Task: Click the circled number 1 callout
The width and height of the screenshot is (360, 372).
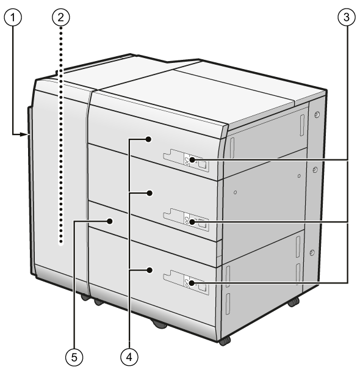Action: (x=13, y=18)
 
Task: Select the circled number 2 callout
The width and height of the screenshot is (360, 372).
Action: (x=61, y=17)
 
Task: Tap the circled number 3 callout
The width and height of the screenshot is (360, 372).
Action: (x=347, y=17)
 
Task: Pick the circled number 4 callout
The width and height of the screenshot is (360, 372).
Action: (x=129, y=357)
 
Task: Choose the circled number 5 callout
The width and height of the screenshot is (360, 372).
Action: (x=74, y=357)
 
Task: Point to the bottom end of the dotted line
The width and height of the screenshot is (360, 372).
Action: (x=61, y=243)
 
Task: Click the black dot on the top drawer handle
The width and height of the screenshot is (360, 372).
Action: (x=192, y=159)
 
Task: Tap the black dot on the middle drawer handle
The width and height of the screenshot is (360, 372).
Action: (x=192, y=222)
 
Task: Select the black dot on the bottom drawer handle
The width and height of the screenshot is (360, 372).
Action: (x=192, y=283)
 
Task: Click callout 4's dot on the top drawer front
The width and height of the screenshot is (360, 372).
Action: (x=149, y=139)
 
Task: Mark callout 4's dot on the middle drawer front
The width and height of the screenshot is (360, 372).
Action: (x=149, y=194)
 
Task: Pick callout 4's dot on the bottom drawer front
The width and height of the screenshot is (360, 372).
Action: (x=149, y=270)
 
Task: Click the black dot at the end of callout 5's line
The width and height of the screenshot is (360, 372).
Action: (x=110, y=221)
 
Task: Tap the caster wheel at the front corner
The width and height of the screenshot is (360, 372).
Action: (x=225, y=341)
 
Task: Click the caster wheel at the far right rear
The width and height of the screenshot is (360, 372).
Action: (x=293, y=302)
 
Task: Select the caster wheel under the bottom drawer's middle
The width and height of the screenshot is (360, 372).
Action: (x=159, y=324)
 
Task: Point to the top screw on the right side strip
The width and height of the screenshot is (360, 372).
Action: (x=317, y=115)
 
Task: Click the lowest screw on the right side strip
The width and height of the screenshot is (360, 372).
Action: (x=312, y=252)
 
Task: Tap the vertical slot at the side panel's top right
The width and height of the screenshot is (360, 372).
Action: (x=302, y=125)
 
